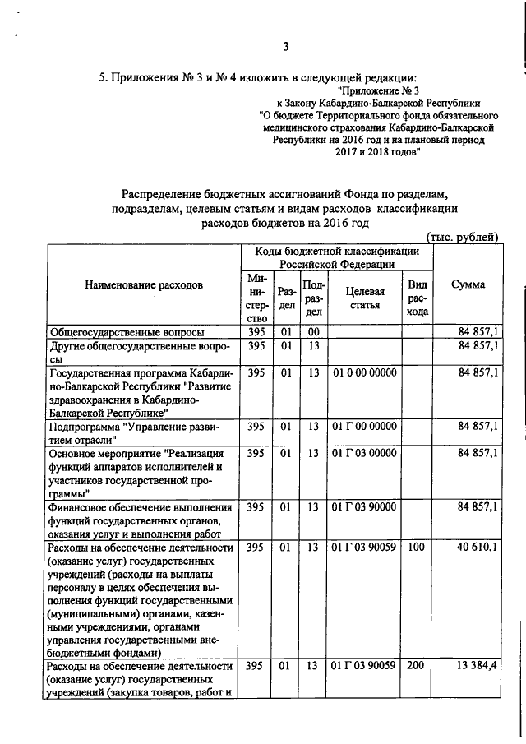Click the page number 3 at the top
click(x=286, y=46)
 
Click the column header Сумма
click(x=468, y=284)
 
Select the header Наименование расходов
click(x=143, y=285)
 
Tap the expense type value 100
click(x=416, y=548)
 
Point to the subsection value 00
click(x=312, y=332)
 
